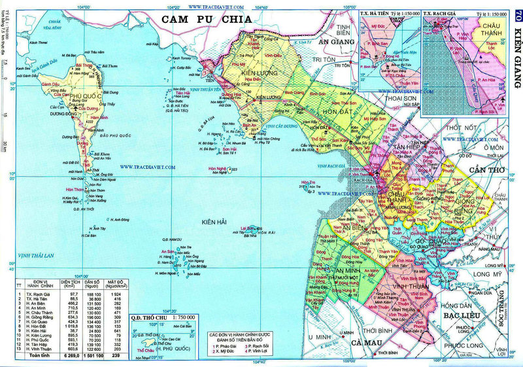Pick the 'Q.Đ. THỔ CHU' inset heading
pos(148,318)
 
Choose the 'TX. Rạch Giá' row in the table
pos(40,295)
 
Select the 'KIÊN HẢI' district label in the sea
pos(214,222)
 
